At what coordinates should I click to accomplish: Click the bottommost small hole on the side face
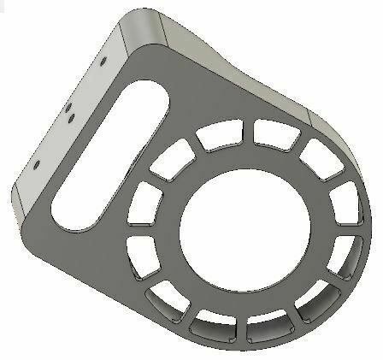point(38,160)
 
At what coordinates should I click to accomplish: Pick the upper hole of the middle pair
point(68,108)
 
